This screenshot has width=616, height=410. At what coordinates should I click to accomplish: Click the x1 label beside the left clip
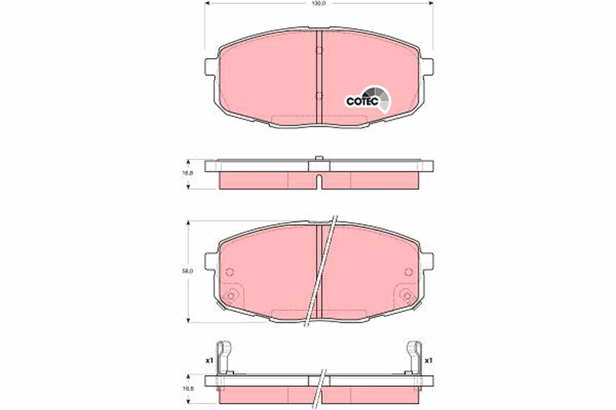[x=209, y=361]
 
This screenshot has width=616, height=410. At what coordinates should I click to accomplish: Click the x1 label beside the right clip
[x=429, y=361]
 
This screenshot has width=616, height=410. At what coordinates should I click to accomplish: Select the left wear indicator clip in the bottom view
[x=223, y=356]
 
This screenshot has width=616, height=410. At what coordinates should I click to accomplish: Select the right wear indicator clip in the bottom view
[x=414, y=356]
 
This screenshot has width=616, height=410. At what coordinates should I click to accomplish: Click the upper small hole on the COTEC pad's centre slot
[x=318, y=50]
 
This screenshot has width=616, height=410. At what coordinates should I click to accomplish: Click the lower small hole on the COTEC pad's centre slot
[x=318, y=96]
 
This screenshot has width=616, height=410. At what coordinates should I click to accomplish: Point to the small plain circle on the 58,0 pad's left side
[x=229, y=272]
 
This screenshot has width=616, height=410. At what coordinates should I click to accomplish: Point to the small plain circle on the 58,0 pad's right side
[x=409, y=272]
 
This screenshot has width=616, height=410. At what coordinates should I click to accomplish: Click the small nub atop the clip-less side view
[x=319, y=158]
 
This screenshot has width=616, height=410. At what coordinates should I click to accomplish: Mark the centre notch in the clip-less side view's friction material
[x=319, y=181]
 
